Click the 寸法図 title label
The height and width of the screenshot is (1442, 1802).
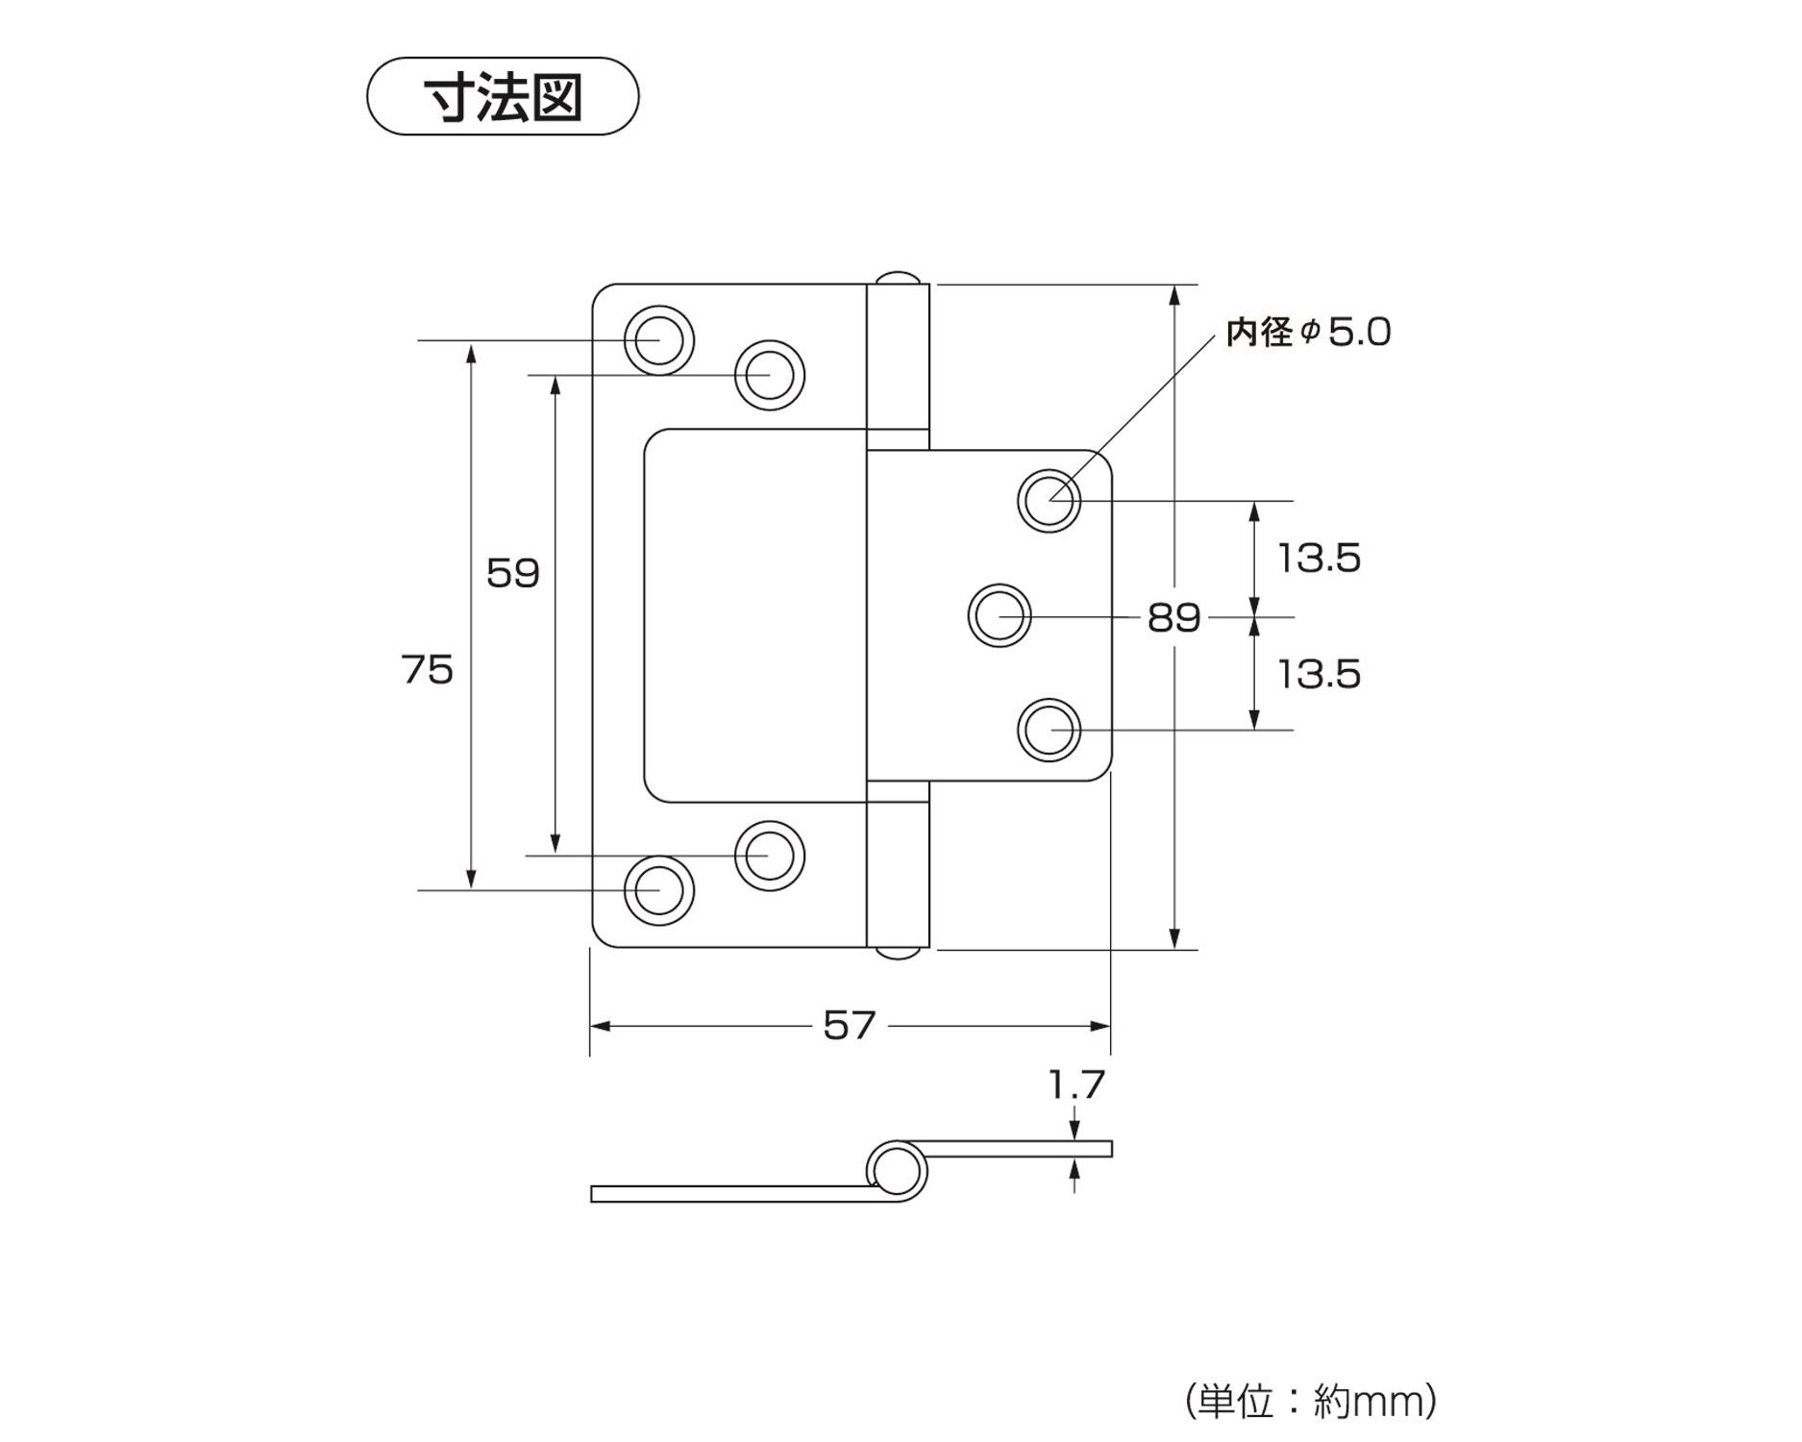[x=503, y=97]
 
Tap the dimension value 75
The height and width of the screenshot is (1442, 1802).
[x=427, y=670]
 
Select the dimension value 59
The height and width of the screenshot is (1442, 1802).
[x=512, y=573]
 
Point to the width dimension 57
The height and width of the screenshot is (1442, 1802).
[x=850, y=1026]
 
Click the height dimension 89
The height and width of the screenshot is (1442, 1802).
[x=1173, y=617]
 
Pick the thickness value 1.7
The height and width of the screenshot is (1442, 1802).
[x=1076, y=1085]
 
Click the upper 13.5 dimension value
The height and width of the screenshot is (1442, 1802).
[x=1319, y=559]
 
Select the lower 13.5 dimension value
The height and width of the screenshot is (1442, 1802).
[x=1319, y=675]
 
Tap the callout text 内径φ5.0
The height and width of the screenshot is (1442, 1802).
[x=1308, y=333]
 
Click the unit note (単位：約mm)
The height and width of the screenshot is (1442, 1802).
[x=1311, y=1402]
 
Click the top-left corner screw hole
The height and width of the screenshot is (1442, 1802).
[x=659, y=340]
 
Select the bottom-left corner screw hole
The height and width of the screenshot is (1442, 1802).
[x=659, y=890]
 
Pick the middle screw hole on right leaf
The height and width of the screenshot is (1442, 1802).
[x=1000, y=615]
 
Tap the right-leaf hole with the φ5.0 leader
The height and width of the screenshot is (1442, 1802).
[x=1049, y=500]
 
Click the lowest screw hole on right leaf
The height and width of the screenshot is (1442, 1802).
[x=1049, y=731]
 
